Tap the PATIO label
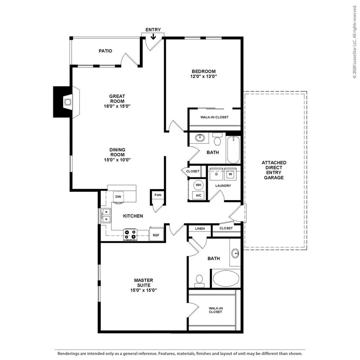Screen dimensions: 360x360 [105, 51]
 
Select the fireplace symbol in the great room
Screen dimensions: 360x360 [67, 102]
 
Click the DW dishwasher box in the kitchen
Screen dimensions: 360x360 [118, 197]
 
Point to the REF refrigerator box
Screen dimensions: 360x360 [156, 235]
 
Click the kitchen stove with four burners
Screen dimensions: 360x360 [130, 235]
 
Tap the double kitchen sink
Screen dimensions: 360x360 [105, 216]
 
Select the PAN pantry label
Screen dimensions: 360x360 [158, 195]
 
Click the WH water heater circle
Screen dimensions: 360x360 [198, 185]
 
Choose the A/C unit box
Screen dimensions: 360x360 [198, 195]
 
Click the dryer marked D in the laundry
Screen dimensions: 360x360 [216, 174]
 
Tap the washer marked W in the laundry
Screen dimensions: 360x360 [230, 174]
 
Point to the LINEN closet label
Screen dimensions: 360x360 [200, 229]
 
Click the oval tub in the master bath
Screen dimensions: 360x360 [226, 278]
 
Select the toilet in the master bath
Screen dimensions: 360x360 [199, 281]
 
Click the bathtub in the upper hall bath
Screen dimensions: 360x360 [233, 150]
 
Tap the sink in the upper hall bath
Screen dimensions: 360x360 [199, 138]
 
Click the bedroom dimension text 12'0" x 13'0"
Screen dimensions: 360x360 [203, 77]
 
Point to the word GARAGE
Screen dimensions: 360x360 [274, 177]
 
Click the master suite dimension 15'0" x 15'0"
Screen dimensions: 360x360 [143, 290]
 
